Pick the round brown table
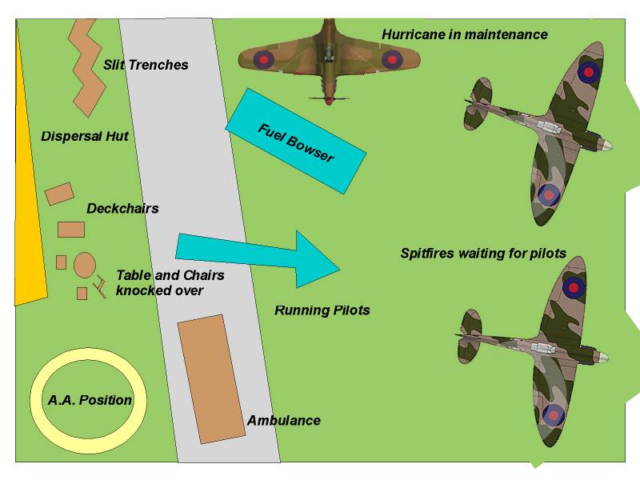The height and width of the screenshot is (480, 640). [x=86, y=264]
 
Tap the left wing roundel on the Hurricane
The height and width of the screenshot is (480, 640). [x=265, y=58]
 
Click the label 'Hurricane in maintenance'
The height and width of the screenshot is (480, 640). [x=464, y=34]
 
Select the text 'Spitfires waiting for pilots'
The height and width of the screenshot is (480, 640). [x=483, y=254]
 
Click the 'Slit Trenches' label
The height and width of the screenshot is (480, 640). [x=146, y=65]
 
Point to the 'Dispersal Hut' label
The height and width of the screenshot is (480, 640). [x=85, y=136]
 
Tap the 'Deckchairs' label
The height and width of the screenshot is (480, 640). [x=122, y=209]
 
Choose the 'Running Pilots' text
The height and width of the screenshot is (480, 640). [x=322, y=310]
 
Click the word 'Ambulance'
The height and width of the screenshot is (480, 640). [x=283, y=420]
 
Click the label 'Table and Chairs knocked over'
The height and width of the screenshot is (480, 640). [x=170, y=282]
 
